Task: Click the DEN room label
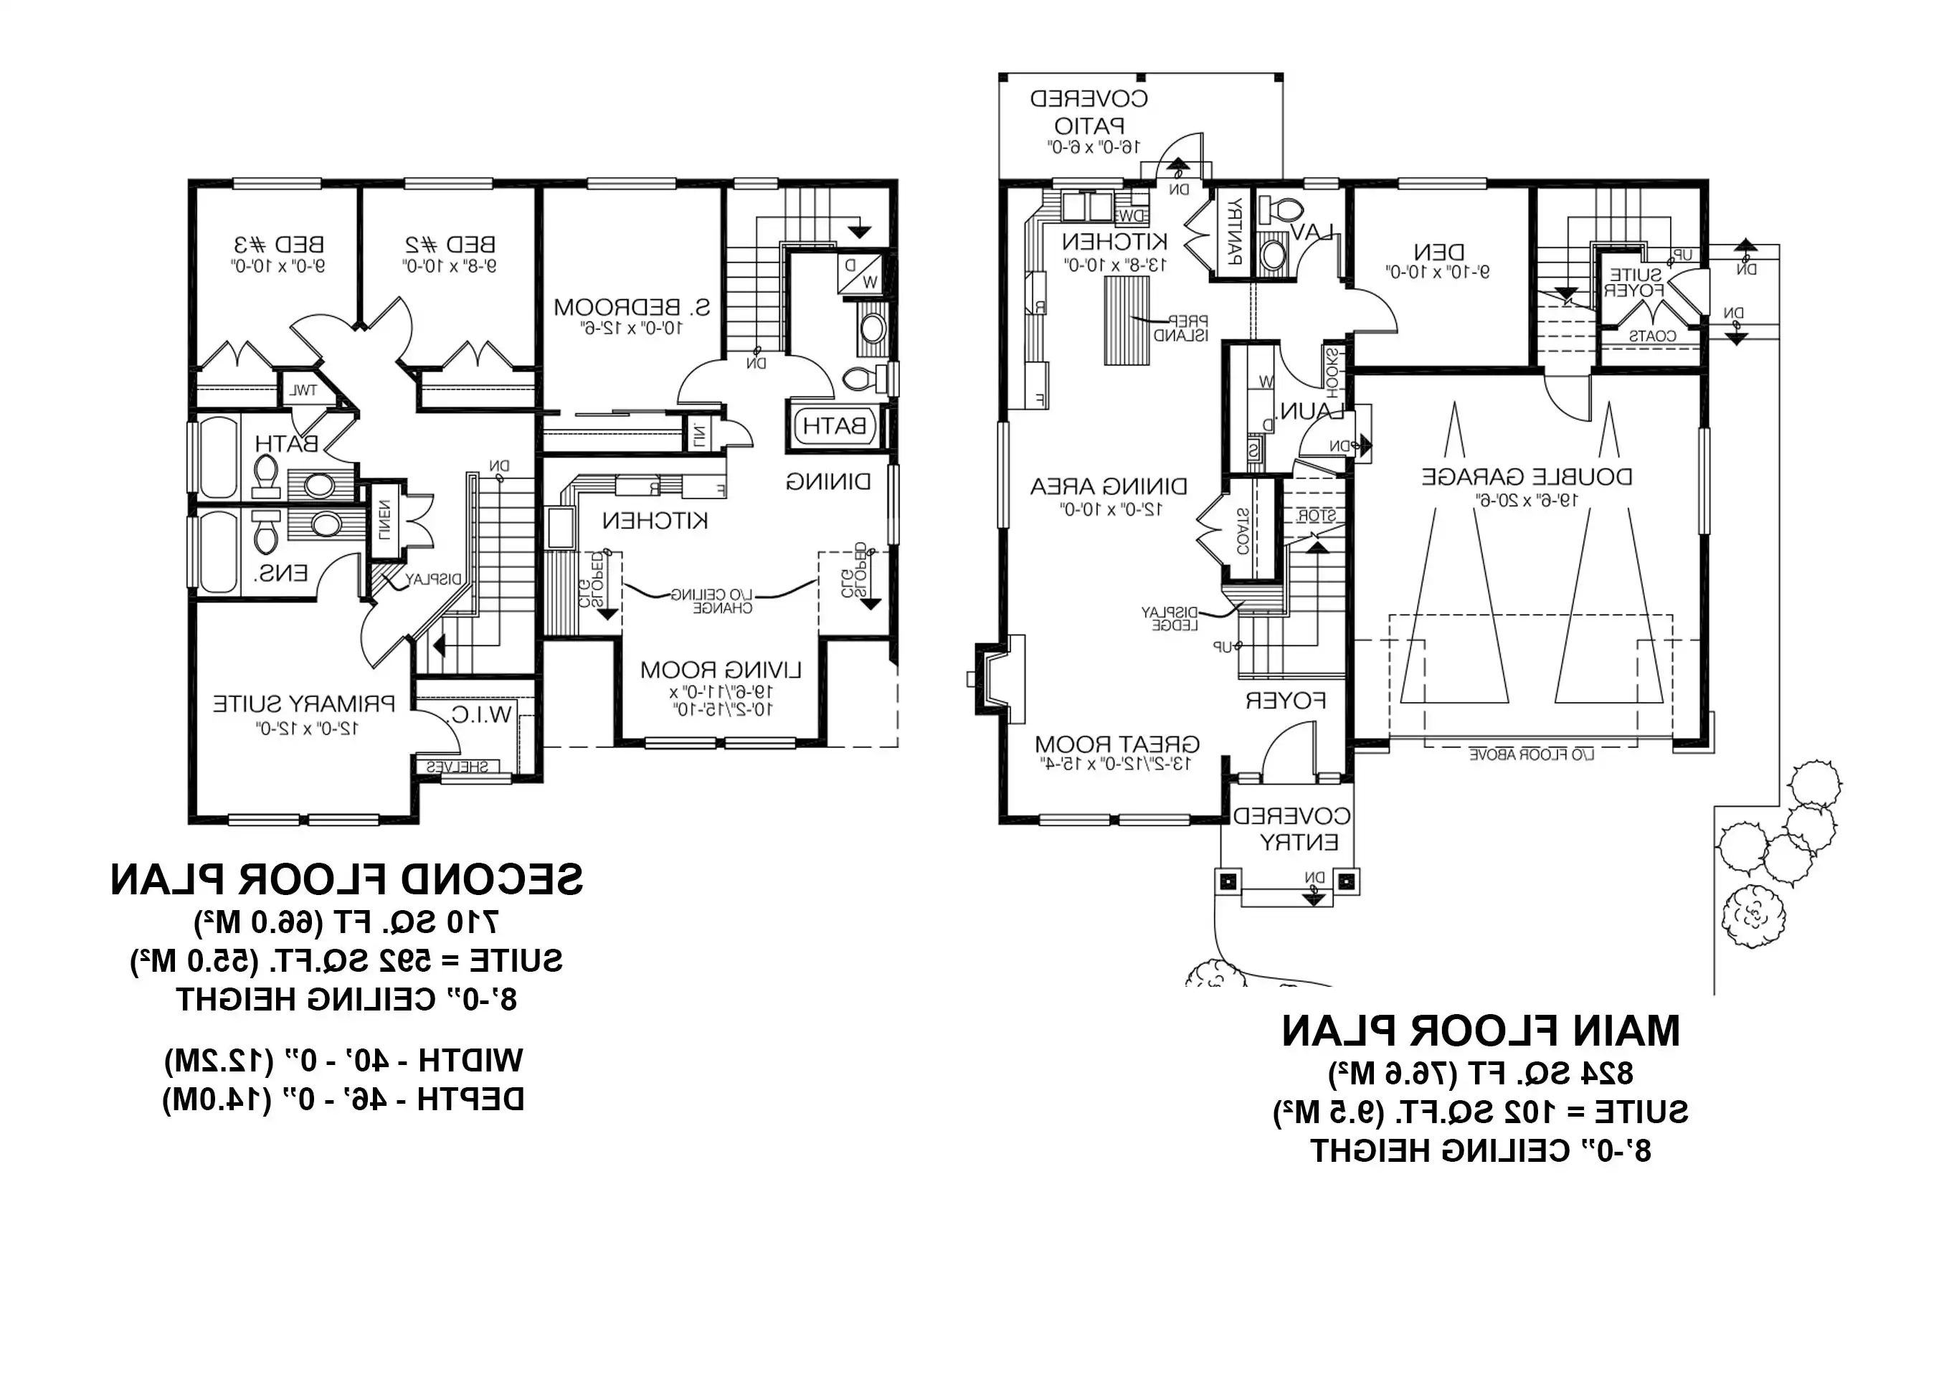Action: click(x=1439, y=252)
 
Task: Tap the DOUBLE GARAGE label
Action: click(x=1527, y=476)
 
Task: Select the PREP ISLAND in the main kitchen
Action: click(x=1126, y=321)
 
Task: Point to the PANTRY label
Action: click(x=1233, y=231)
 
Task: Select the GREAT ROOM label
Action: click(x=1116, y=744)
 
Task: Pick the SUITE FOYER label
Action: click(x=1634, y=283)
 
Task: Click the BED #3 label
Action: click(x=278, y=245)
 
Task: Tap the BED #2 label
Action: click(x=450, y=245)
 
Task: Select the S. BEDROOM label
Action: click(x=632, y=307)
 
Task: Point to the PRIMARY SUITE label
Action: click(x=304, y=704)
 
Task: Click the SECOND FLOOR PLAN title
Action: click(x=346, y=880)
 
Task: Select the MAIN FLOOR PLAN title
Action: click(x=1481, y=1031)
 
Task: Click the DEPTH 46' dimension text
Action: click(x=343, y=1099)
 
